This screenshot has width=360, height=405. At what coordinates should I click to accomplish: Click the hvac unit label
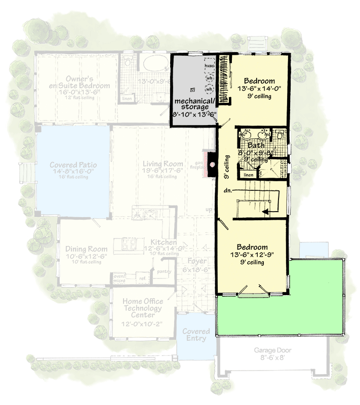click(x=209, y=66)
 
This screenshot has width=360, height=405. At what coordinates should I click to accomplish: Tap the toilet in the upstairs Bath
click(x=279, y=135)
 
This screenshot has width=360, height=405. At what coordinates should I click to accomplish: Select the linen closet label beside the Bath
click(x=248, y=175)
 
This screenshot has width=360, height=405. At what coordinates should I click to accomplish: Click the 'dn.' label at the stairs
click(x=228, y=191)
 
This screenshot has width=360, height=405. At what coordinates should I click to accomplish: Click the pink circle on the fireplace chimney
click(x=213, y=164)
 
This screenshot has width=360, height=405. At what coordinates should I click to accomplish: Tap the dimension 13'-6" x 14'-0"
click(x=259, y=89)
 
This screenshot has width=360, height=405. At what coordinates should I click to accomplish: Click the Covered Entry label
click(x=196, y=335)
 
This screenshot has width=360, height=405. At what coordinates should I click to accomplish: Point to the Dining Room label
click(x=86, y=249)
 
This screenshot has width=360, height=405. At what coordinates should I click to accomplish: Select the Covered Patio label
click(x=73, y=165)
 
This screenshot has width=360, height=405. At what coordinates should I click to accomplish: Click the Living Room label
click(x=162, y=164)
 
